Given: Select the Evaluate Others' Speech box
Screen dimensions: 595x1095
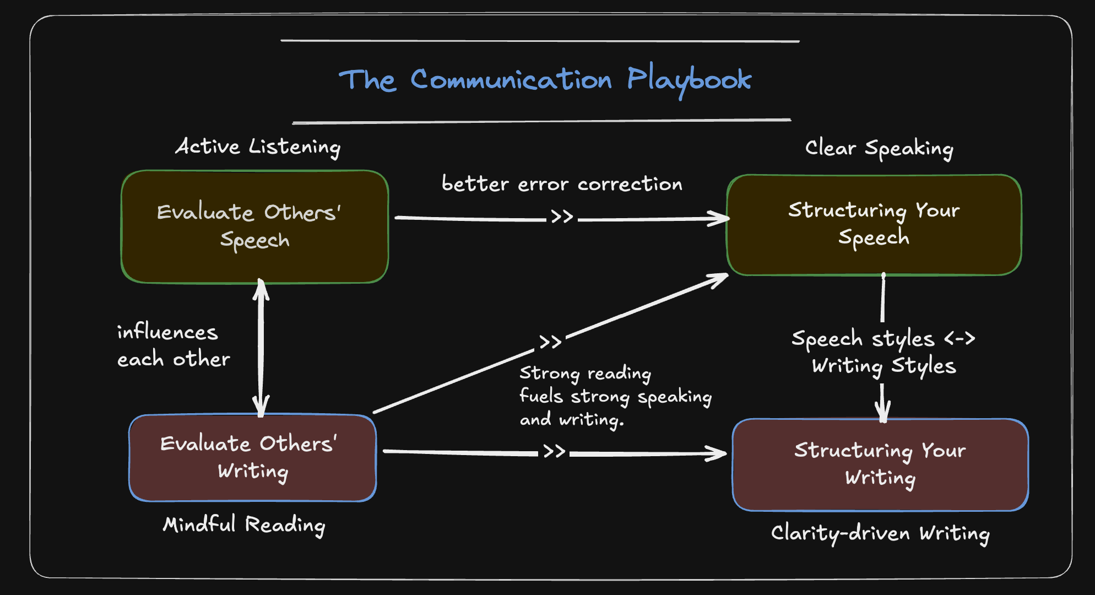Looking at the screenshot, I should pyautogui.click(x=254, y=226).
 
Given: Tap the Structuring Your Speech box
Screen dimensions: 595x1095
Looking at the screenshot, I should pyautogui.click(x=874, y=224).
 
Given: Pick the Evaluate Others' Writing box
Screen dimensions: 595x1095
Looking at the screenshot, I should pyautogui.click(x=252, y=458).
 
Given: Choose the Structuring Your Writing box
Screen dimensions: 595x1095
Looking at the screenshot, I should pyautogui.click(x=880, y=464).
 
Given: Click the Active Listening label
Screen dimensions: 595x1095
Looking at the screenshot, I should pyautogui.click(x=258, y=147).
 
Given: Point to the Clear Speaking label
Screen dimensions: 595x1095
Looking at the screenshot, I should pyautogui.click(x=879, y=148).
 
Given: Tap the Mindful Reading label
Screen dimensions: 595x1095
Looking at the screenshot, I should pyautogui.click(x=244, y=524).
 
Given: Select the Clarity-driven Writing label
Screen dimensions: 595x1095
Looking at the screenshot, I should pyautogui.click(x=880, y=533).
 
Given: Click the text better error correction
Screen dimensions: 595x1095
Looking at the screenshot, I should pyautogui.click(x=562, y=184).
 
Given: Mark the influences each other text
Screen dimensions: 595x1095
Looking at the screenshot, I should pyautogui.click(x=173, y=345).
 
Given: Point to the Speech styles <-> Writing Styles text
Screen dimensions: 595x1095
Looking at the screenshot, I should pyautogui.click(x=883, y=352).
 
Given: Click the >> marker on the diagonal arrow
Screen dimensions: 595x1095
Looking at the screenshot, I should pyautogui.click(x=550, y=342).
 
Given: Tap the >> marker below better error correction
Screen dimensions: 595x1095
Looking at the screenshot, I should pyautogui.click(x=562, y=217).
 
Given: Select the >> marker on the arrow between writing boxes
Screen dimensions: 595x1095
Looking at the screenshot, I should pyautogui.click(x=554, y=452).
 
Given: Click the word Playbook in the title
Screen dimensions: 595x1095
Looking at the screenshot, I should pyautogui.click(x=689, y=80).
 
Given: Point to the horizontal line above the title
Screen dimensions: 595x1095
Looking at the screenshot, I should pyautogui.click(x=540, y=41).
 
